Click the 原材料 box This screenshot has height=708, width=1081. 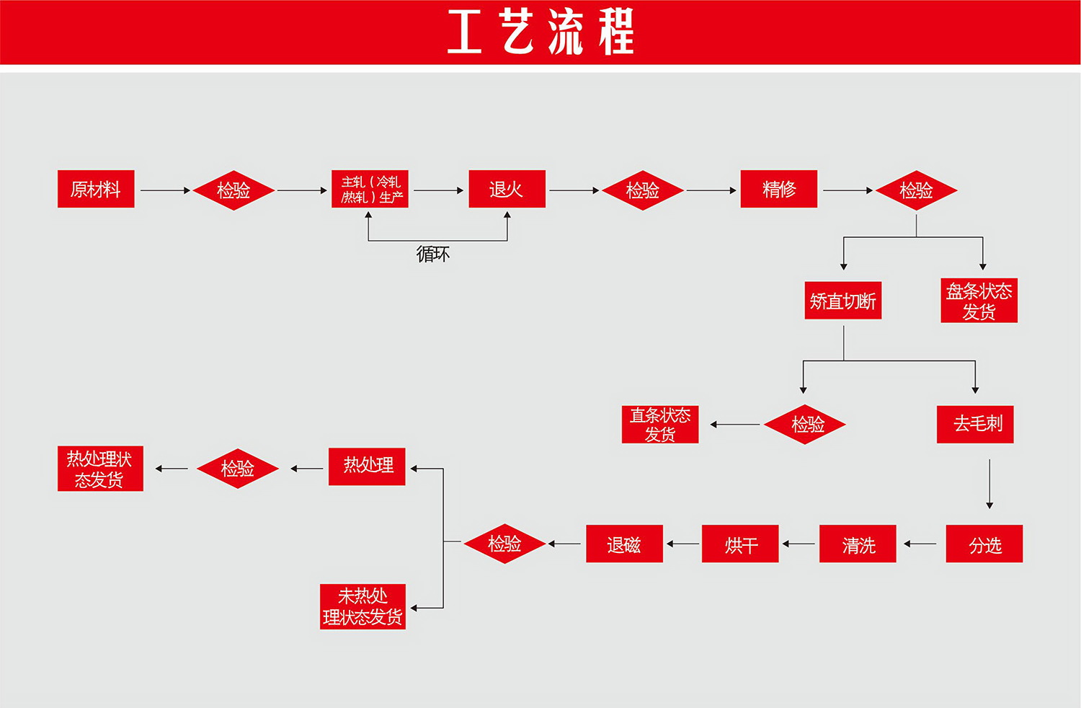[x=96, y=189]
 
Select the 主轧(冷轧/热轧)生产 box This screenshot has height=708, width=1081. [x=370, y=189]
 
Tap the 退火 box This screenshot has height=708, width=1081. [x=507, y=189]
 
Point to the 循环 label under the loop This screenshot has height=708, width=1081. [x=432, y=254]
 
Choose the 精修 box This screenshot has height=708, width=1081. [x=778, y=189]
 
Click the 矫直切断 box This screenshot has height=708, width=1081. [x=842, y=301]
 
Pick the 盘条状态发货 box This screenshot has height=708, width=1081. [x=979, y=301]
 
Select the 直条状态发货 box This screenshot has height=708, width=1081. [x=659, y=424]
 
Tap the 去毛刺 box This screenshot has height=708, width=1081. [x=974, y=424]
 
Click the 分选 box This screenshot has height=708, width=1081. [x=984, y=544]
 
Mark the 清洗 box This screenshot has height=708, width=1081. [x=857, y=544]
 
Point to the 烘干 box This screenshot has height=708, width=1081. [x=739, y=544]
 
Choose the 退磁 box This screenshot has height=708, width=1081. [x=624, y=544]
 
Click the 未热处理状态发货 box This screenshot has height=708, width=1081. [x=362, y=606]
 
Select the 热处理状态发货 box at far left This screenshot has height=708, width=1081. [x=100, y=469]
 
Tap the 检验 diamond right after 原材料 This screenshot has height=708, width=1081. [x=233, y=190]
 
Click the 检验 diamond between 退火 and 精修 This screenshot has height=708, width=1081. [x=642, y=190]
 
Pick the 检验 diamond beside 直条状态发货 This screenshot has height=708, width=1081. [x=804, y=424]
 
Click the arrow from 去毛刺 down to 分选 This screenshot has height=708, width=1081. [x=989, y=483]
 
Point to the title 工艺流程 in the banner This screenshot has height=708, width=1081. [x=540, y=32]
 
